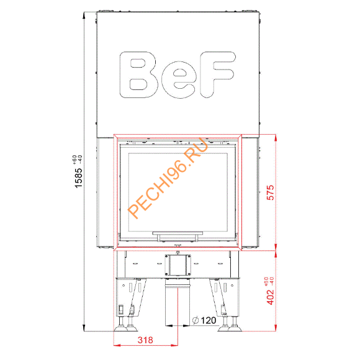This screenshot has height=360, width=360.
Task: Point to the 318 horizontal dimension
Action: (x=146, y=341)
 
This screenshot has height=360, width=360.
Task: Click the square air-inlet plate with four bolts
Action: (x=178, y=266)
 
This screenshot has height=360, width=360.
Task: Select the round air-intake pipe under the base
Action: (x=178, y=304)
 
